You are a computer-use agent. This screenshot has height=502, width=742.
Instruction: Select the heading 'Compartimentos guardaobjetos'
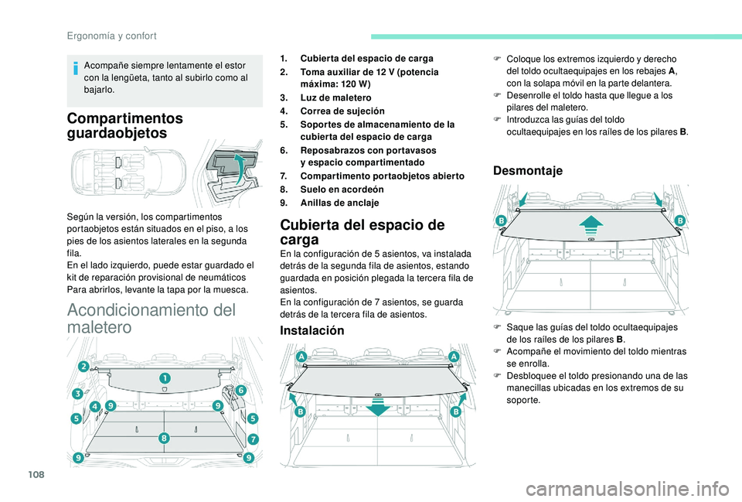click(125, 125)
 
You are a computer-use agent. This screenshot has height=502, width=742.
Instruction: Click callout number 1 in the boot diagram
click(165, 377)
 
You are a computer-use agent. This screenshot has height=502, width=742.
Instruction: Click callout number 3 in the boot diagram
click(78, 394)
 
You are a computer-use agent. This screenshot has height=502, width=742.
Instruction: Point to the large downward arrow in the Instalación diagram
click(378, 405)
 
